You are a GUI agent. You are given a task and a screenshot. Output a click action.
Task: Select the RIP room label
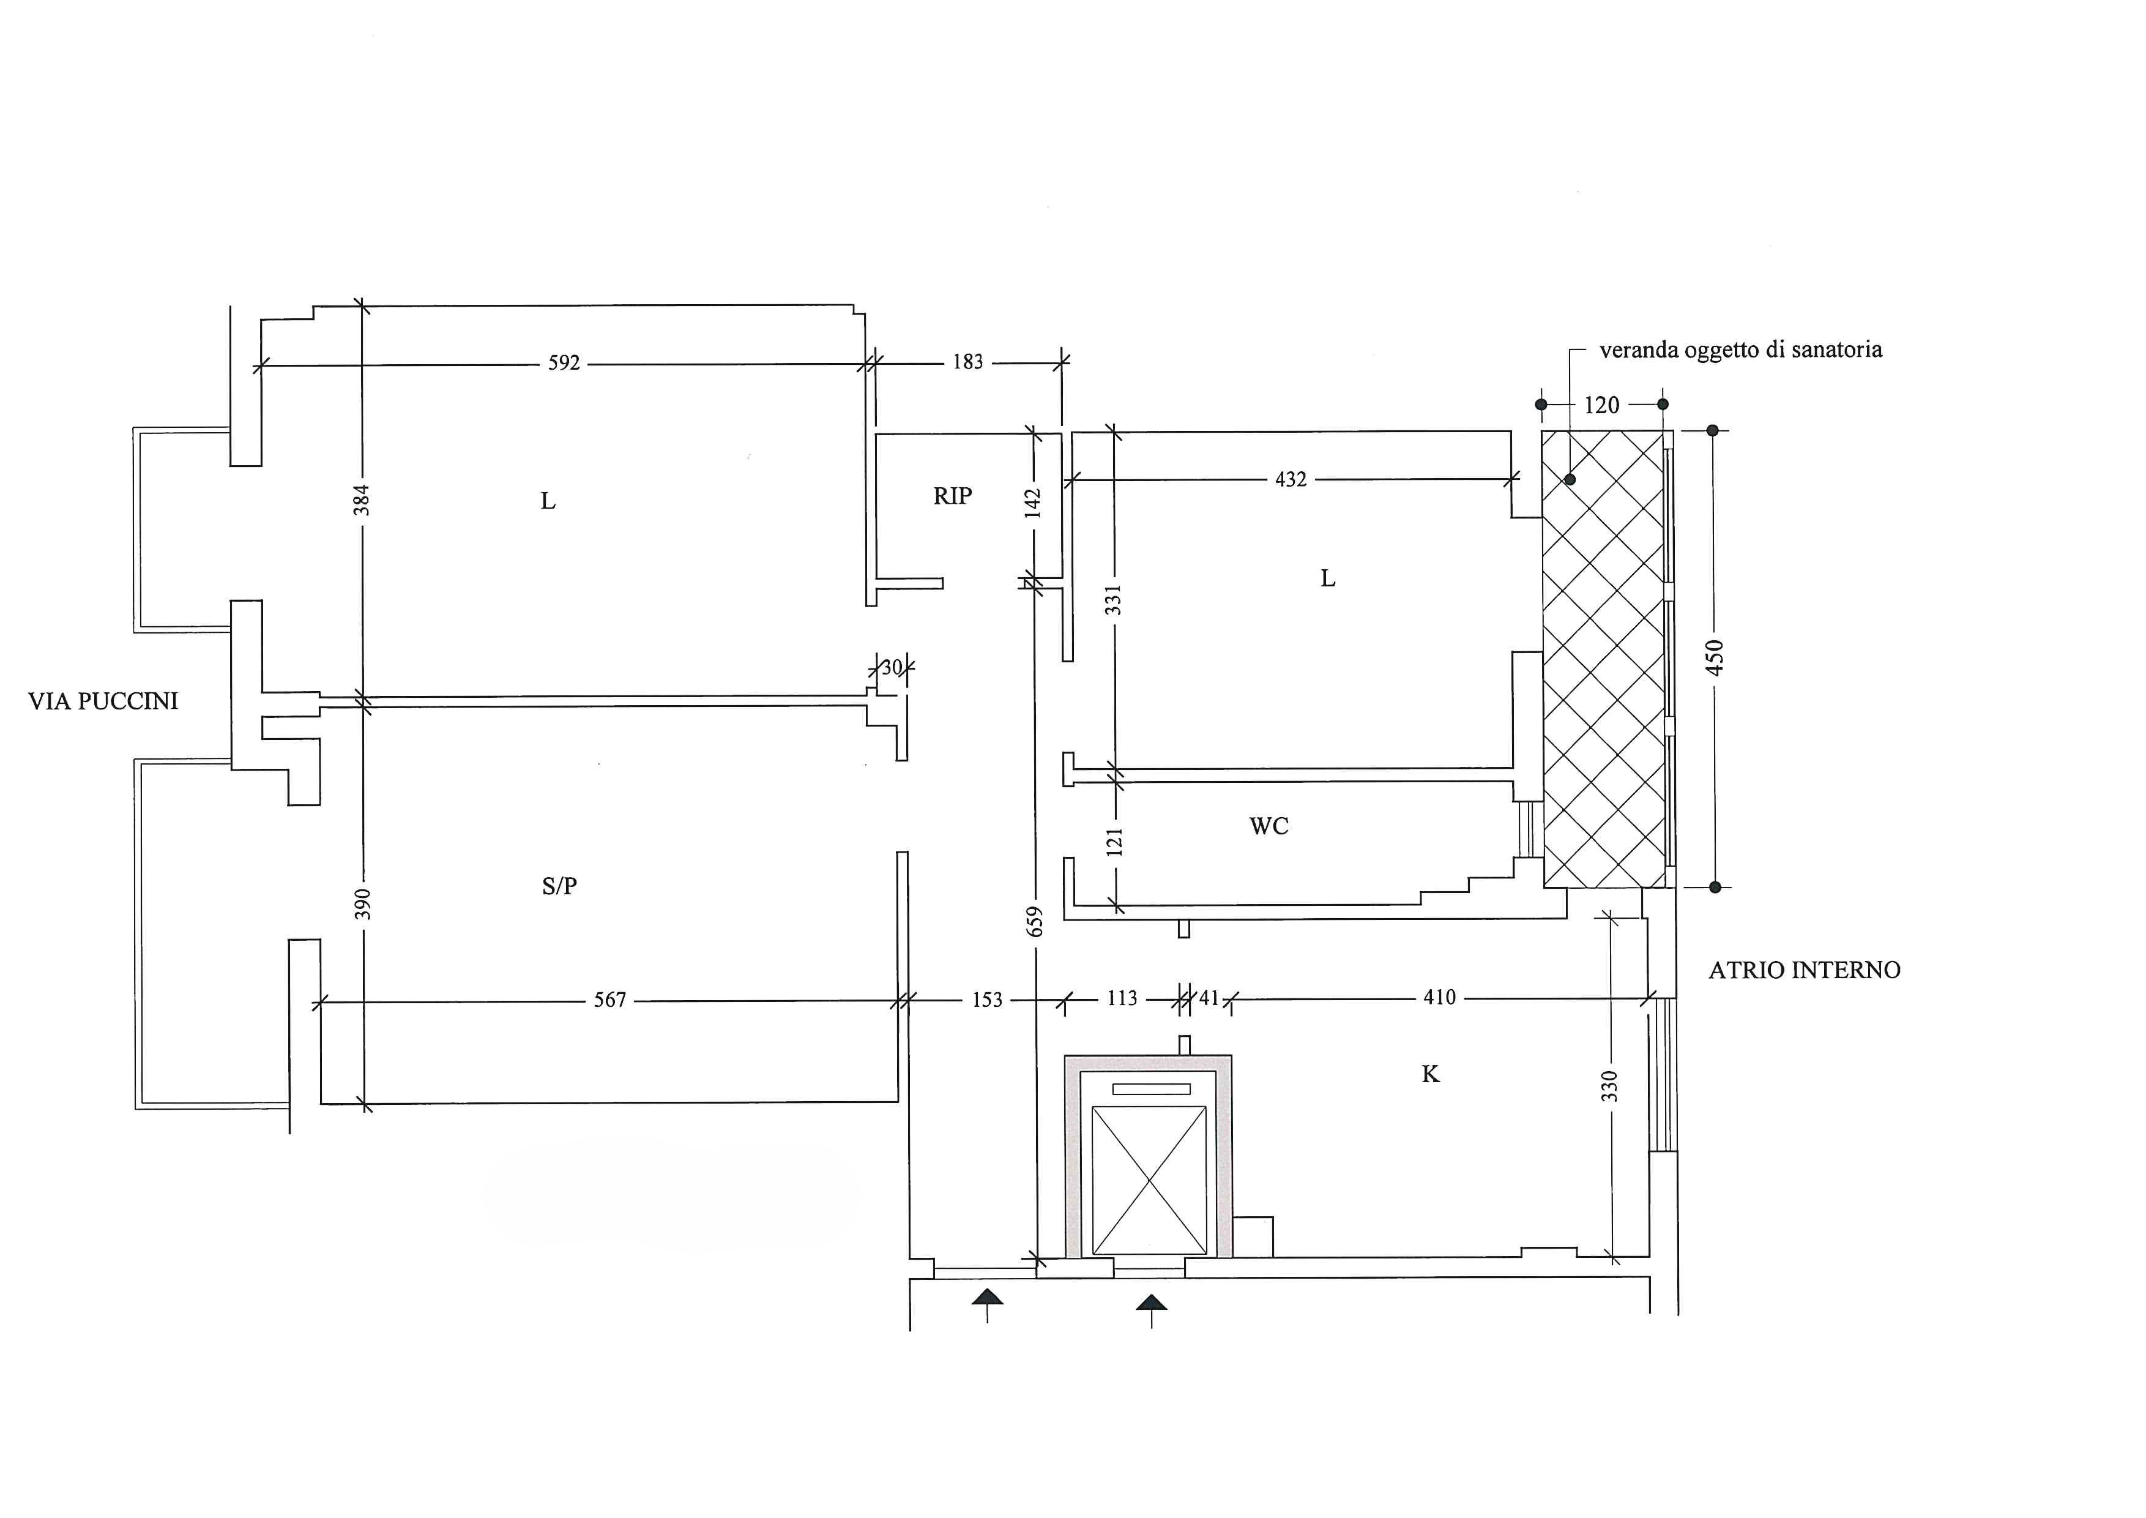pos(952,496)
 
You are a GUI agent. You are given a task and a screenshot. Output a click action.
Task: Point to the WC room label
pos(1269,826)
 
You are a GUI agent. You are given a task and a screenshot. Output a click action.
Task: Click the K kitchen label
pos(1430,1075)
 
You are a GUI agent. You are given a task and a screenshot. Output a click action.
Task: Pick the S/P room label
pos(559,886)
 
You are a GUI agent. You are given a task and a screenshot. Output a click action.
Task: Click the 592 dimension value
pos(564,363)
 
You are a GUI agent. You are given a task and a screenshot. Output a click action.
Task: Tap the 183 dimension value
pos(967,362)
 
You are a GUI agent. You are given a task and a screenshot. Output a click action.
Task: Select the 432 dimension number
pos(1291,479)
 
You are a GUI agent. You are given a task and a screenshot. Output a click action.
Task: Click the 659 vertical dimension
pos(1034,922)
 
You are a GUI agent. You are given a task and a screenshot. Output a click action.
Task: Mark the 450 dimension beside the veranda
pos(1714,658)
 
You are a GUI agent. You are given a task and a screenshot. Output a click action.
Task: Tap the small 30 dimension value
pos(892,667)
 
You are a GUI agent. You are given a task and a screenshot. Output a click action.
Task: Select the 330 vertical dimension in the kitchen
pos(1609,1086)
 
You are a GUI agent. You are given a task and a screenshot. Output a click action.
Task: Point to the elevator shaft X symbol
pos(1149,1181)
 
